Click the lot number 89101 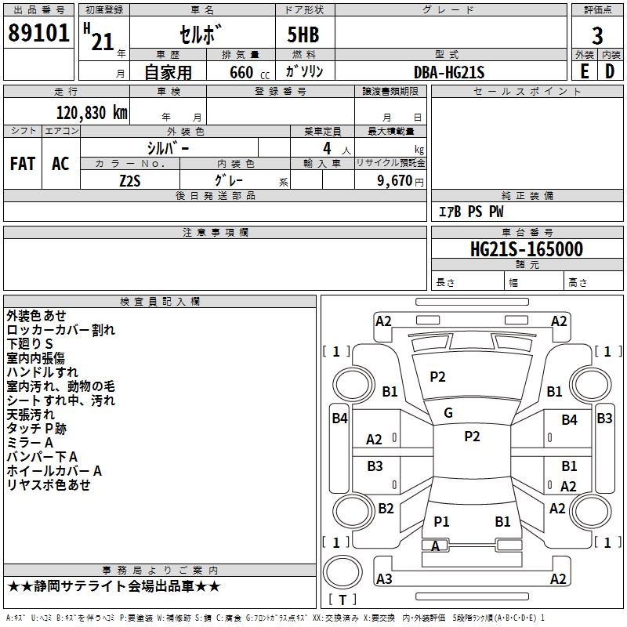[x=38, y=34]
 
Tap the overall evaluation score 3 [x=597, y=36]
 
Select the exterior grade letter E [x=584, y=71]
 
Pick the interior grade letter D [x=610, y=71]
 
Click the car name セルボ [x=202, y=36]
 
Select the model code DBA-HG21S [x=449, y=72]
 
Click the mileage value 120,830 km [x=92, y=112]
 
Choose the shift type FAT [x=23, y=164]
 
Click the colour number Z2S [x=131, y=179]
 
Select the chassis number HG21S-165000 [x=526, y=249]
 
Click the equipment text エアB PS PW [x=470, y=212]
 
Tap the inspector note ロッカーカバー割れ [x=60, y=330]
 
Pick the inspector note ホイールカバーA [x=54, y=471]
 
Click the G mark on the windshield [x=448, y=412]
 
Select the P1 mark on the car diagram [x=441, y=521]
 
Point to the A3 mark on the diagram [x=384, y=579]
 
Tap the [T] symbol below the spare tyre [x=342, y=600]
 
